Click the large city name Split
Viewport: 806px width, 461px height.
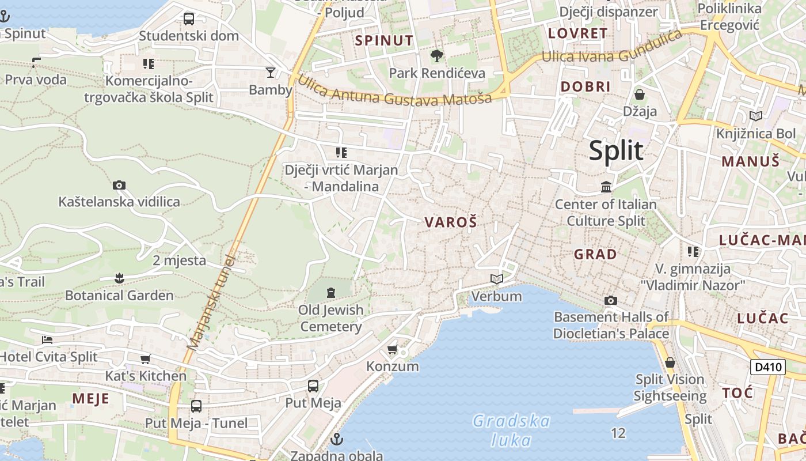pos(615,151)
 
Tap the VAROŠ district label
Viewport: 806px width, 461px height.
pos(451,222)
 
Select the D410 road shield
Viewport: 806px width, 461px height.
pos(768,366)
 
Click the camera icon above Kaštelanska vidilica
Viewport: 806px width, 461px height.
pos(119,185)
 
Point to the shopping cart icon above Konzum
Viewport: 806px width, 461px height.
pos(393,349)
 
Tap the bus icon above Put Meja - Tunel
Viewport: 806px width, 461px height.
pos(196,406)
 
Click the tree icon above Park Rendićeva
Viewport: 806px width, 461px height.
pos(437,56)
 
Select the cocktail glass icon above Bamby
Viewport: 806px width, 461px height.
pos(270,72)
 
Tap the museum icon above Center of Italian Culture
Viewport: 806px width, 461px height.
pos(606,187)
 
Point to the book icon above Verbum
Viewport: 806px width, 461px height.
pos(496,279)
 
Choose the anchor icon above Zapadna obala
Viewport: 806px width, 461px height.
pos(337,440)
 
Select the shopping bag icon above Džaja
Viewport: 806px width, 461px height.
pos(639,94)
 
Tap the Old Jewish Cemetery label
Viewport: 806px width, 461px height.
pos(331,318)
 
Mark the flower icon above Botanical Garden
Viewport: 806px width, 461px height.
pos(119,278)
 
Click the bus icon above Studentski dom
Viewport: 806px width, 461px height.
pos(189,19)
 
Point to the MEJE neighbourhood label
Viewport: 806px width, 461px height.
pos(91,398)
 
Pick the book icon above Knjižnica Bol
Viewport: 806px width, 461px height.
pos(755,116)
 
